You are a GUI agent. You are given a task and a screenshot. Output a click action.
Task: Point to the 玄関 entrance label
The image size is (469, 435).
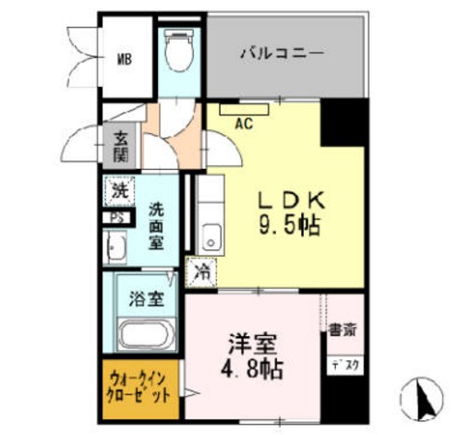121,148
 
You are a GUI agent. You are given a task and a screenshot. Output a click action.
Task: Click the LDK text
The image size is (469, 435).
287,199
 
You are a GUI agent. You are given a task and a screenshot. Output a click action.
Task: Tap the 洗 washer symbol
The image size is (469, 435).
118,192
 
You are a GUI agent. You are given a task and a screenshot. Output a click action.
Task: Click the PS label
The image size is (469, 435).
117,218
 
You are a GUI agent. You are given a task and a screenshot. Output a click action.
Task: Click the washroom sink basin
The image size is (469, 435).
116,248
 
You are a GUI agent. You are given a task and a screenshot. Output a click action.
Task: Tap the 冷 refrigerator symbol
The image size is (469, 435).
201,272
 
